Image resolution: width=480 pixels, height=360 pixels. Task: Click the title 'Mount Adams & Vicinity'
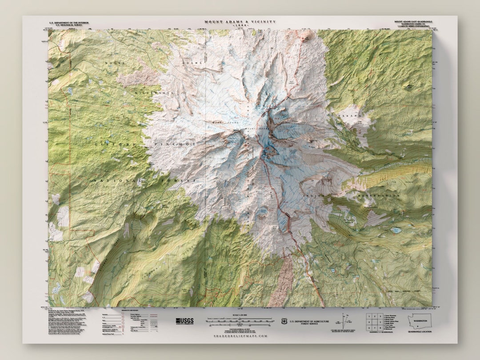tap(240, 21)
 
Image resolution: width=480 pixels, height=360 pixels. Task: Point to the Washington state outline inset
tap(421, 320)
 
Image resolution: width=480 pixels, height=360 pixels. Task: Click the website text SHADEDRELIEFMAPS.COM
tap(240, 336)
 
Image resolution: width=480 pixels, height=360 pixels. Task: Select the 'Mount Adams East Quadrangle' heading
tap(413, 21)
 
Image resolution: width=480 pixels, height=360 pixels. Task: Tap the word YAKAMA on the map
tap(348, 116)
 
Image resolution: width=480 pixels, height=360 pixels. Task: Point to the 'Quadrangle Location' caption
tap(421, 331)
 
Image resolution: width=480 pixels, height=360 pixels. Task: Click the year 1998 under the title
tap(240, 25)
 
